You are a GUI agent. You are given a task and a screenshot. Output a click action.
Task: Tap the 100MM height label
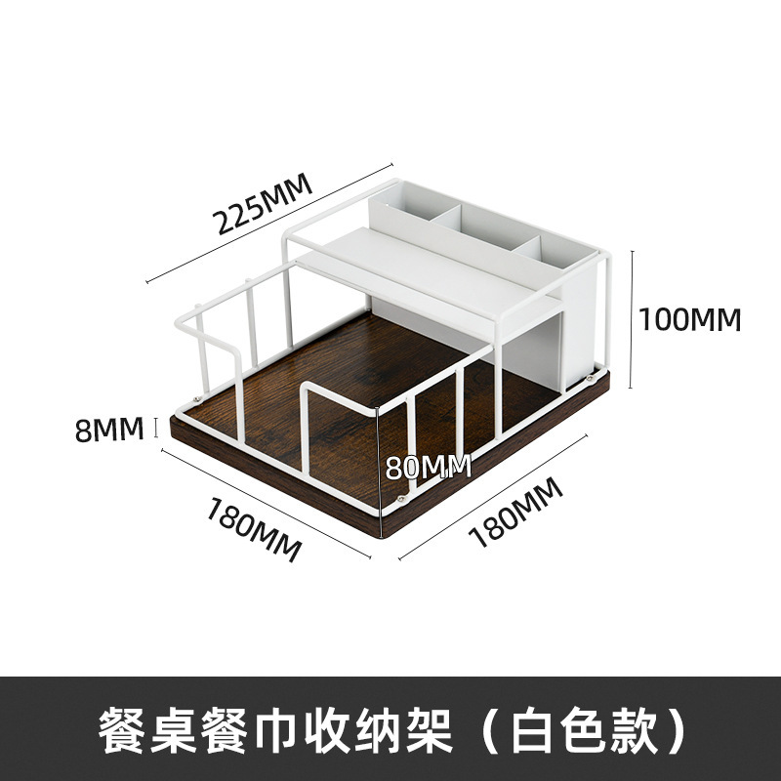coord(690,319)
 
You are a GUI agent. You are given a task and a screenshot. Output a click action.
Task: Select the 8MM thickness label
coord(104,429)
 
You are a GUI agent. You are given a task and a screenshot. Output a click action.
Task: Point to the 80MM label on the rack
coord(427,467)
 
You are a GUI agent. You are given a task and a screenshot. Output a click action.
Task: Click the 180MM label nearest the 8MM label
coord(252,528)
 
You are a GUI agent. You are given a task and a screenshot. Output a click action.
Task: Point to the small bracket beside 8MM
coord(156,428)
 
